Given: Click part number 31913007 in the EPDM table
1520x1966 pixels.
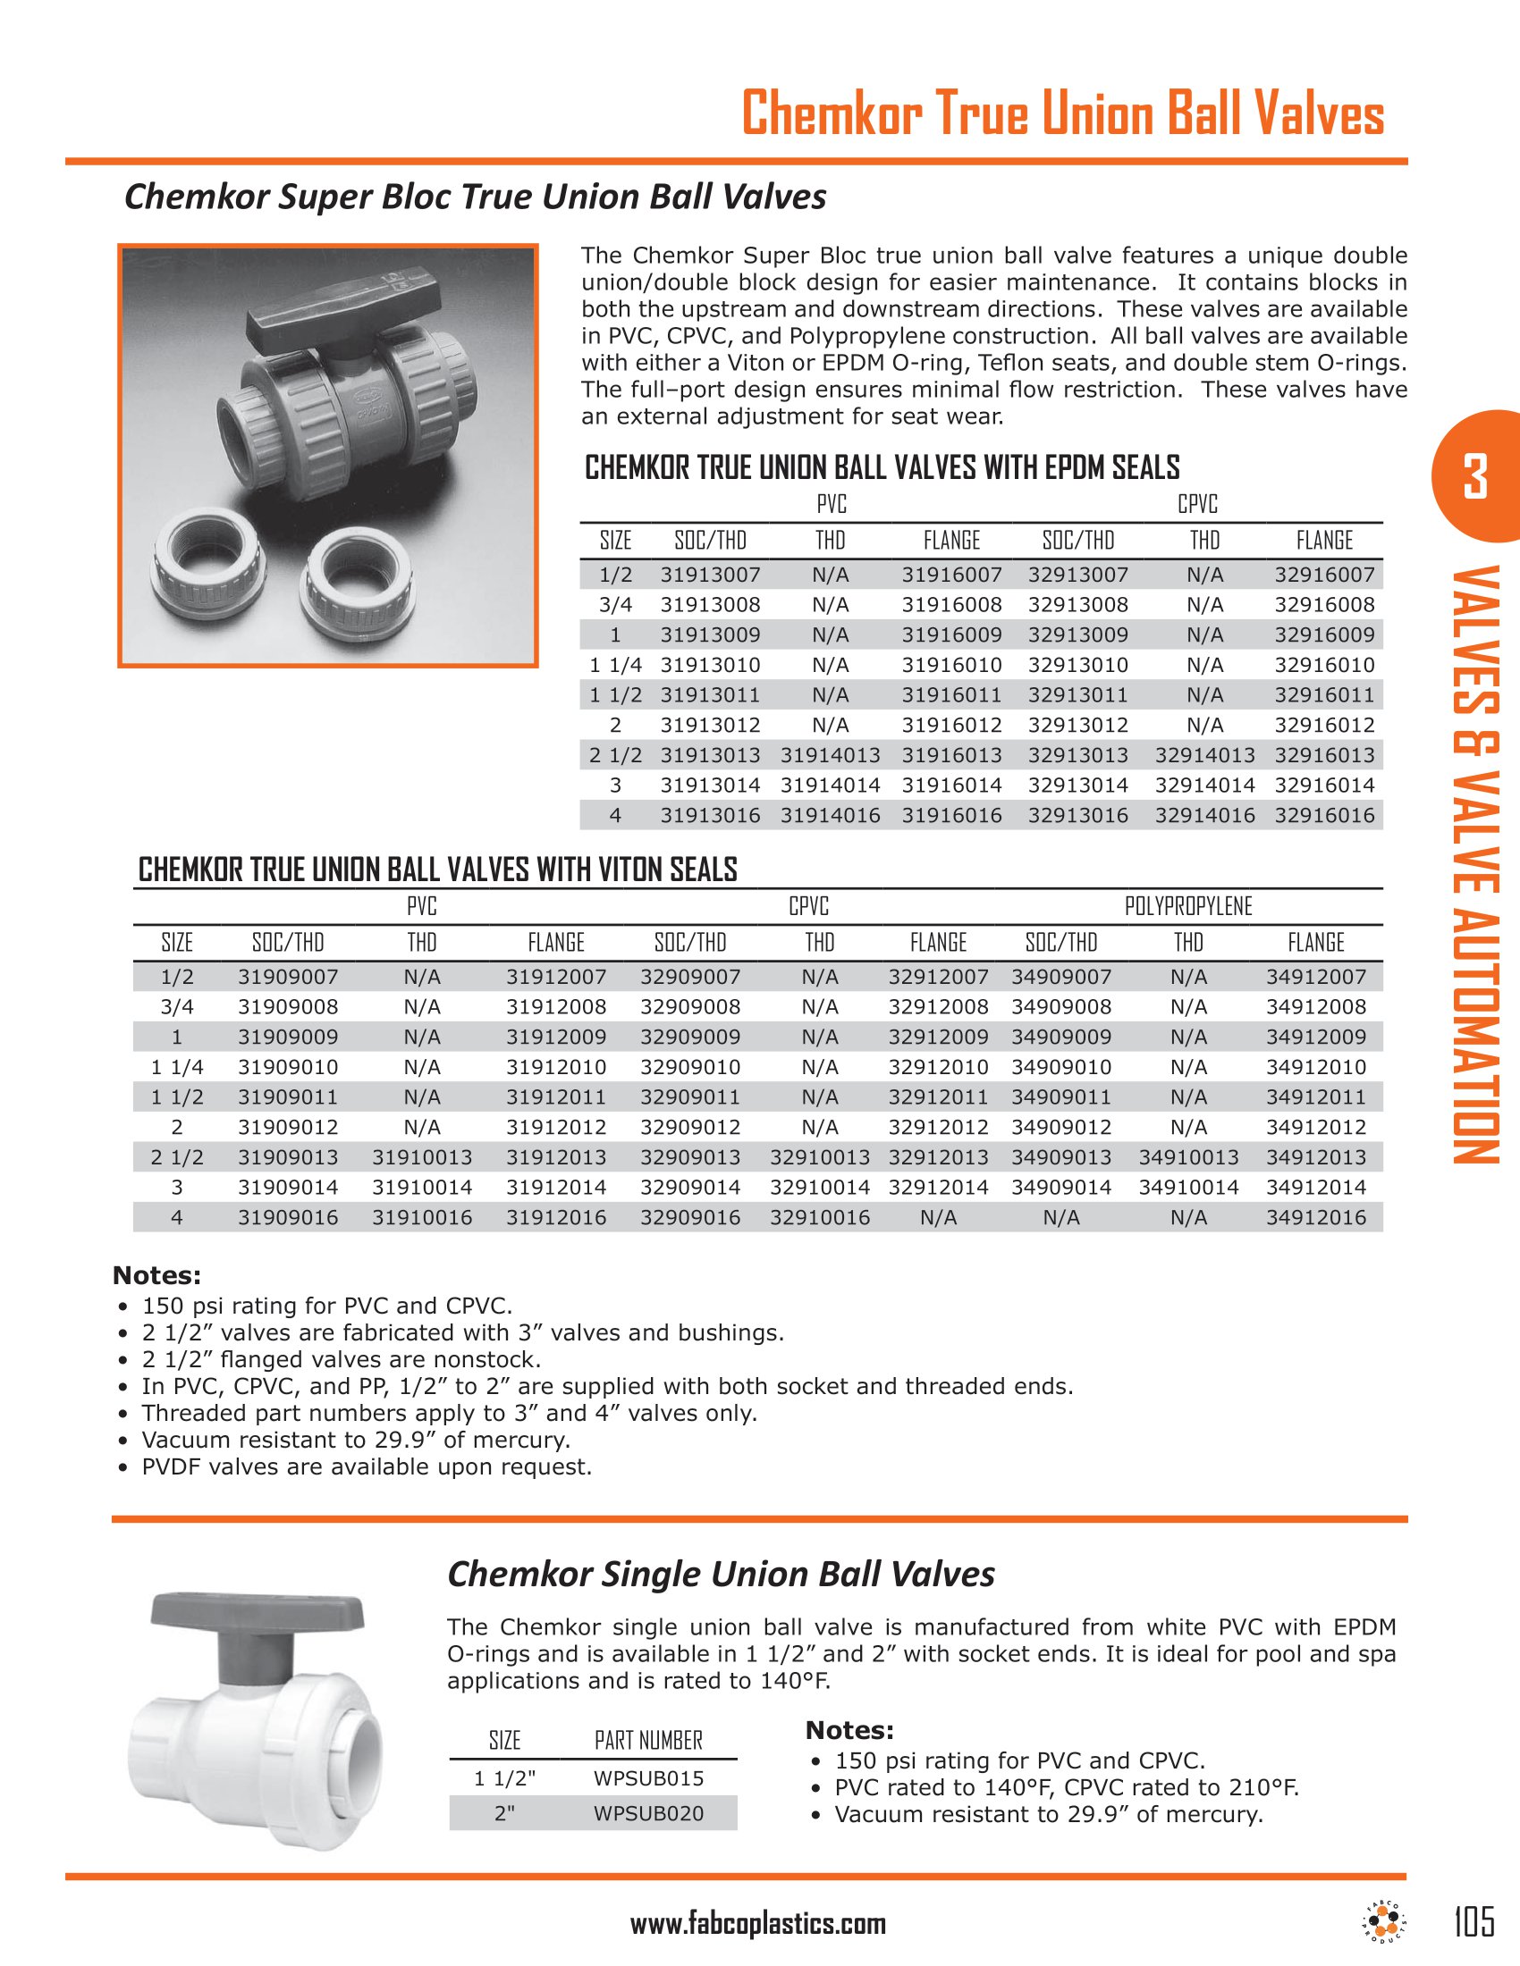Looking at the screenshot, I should point(710,575).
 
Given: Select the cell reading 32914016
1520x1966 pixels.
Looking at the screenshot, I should point(1205,816).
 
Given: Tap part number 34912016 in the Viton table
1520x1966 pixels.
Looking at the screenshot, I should point(1315,1217).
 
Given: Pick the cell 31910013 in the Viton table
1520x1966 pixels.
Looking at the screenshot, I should point(421,1156).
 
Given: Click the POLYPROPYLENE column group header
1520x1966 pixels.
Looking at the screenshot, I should point(1187,906).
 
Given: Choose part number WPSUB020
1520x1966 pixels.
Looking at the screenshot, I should point(648,1813).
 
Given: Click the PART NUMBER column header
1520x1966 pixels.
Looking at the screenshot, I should point(648,1740).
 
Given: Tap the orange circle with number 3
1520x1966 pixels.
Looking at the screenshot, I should point(1474,476).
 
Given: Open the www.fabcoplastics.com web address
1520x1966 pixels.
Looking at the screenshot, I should point(758,1924).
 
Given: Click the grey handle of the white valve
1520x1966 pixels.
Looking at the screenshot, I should point(258,1611).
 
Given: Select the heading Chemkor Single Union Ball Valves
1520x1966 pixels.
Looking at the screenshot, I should point(721,1575).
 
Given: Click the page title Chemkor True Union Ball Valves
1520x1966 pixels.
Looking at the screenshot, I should point(1062,115).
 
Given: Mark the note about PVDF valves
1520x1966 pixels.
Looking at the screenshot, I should point(367,1466).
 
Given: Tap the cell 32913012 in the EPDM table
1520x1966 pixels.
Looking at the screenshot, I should point(1078,725).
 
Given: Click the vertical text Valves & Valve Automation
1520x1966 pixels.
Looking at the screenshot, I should point(1475,864).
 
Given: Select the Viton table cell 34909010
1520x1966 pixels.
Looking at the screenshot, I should point(1060,1067).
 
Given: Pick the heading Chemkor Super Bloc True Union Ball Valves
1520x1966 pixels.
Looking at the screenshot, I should point(475,197).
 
